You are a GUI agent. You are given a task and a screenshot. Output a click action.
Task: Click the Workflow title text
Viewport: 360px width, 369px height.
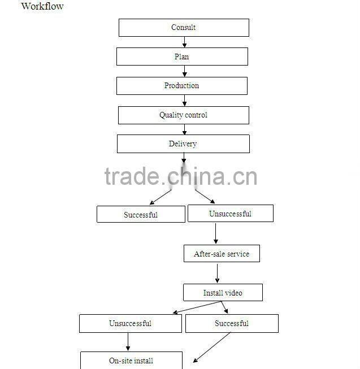(x=42, y=6)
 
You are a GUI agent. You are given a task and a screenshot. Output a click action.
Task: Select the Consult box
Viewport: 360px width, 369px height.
(x=184, y=28)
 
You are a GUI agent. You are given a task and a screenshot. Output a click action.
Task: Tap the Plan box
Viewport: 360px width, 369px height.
(x=182, y=57)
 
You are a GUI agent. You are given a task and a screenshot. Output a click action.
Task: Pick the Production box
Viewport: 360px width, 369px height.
(x=182, y=86)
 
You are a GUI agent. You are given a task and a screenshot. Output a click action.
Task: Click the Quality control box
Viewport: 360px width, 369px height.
(x=183, y=115)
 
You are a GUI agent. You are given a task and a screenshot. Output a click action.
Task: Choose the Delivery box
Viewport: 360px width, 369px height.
(x=183, y=144)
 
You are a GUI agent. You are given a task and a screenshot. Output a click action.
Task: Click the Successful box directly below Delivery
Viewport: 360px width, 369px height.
(x=141, y=214)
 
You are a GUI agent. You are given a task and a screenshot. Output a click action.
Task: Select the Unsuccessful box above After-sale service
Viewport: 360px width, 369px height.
(x=230, y=213)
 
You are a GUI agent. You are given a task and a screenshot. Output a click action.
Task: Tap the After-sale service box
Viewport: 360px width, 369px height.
(x=222, y=254)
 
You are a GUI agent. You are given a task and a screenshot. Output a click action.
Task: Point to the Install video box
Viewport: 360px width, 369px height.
(x=223, y=292)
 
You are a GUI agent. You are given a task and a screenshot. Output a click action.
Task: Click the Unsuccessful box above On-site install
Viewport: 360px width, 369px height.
(x=130, y=324)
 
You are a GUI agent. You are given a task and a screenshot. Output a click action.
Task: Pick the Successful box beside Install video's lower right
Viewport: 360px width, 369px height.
(x=232, y=324)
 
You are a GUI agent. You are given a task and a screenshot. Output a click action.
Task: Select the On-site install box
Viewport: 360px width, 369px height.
(x=131, y=361)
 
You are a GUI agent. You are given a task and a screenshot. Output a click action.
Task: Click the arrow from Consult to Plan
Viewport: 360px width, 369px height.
(x=184, y=42)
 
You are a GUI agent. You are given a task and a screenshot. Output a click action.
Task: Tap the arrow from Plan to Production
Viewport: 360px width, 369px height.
(x=184, y=71)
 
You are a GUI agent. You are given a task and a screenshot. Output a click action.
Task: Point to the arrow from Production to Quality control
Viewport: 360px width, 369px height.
(x=184, y=101)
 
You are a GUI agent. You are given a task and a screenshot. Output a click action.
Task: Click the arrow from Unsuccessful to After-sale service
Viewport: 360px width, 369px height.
(x=216, y=233)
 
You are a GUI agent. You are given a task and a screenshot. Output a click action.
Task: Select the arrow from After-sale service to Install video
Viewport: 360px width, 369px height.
(x=217, y=273)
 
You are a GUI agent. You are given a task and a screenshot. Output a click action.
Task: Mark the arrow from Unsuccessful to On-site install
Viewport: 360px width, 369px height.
(x=128, y=342)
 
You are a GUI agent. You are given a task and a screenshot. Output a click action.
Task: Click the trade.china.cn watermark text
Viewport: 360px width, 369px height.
(x=181, y=177)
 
